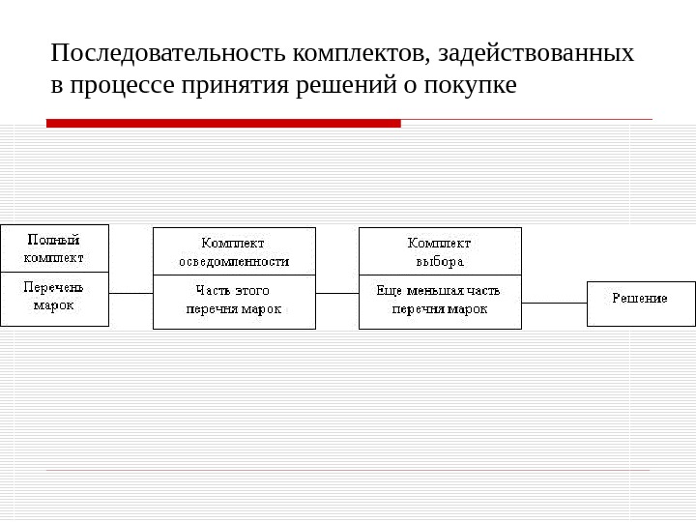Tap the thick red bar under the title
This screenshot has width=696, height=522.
coord(223,123)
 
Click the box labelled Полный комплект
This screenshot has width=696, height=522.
coord(54,248)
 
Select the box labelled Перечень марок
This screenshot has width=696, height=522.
coord(54,299)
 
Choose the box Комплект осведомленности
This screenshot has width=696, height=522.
coord(234,251)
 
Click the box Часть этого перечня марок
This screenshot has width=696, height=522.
coord(234,302)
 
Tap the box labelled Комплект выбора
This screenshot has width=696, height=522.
coord(440,251)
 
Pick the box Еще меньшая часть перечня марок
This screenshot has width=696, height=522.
coord(440,302)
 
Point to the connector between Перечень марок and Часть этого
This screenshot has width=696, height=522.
coord(131,293)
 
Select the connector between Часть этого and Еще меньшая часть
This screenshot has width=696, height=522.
coord(337,293)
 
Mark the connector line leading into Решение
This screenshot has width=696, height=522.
coord(554,303)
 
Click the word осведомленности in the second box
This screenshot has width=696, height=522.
coord(234,261)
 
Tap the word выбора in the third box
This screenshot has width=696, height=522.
coord(440,261)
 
